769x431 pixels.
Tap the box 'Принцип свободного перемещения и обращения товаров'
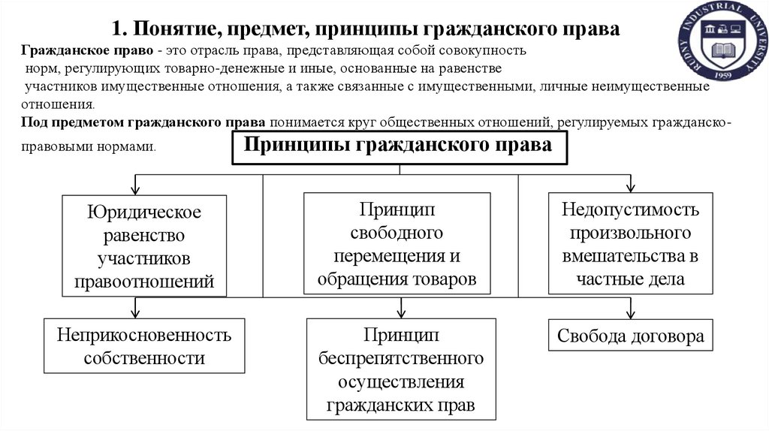pos(397,244)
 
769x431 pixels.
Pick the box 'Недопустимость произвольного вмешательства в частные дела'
pos(630,243)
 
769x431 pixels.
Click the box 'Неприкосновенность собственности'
pos(144,345)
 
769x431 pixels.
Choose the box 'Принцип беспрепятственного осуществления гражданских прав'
pos(401,369)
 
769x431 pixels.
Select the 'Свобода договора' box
pos(630,335)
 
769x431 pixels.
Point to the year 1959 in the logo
pos(723,76)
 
